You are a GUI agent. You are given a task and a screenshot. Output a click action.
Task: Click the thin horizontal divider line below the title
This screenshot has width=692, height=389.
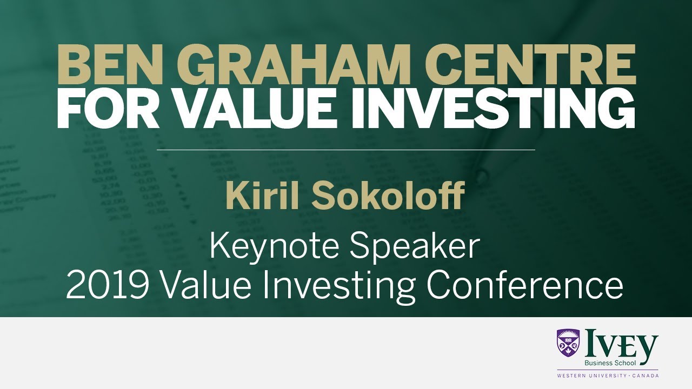click(346, 149)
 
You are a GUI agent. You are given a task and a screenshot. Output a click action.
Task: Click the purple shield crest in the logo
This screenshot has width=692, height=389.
click(568, 344)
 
